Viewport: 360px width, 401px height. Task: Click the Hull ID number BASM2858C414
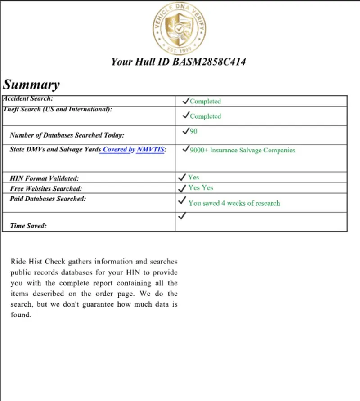coord(209,62)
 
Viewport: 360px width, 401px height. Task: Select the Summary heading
coord(31,85)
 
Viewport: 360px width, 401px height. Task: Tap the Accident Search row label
coord(28,98)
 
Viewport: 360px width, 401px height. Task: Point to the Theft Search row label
coord(58,109)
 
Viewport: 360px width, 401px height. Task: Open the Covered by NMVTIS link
coord(134,150)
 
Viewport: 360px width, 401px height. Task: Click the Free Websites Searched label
coord(46,189)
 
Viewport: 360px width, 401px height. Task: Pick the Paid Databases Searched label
coord(48,198)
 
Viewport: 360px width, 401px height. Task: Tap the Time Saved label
coord(28,226)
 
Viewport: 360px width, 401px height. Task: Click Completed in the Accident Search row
coord(205,102)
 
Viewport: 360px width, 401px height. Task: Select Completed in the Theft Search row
coord(205,116)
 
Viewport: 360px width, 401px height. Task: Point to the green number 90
coord(193,132)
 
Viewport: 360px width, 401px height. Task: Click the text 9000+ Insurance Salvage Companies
coord(243,150)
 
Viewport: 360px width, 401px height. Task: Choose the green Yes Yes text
coord(201,188)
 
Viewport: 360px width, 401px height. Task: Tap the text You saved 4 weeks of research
coord(234,203)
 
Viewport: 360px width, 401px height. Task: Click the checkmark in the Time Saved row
coord(182,216)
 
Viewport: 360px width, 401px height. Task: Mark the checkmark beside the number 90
coord(185,131)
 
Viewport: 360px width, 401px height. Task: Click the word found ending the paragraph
coord(21,315)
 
